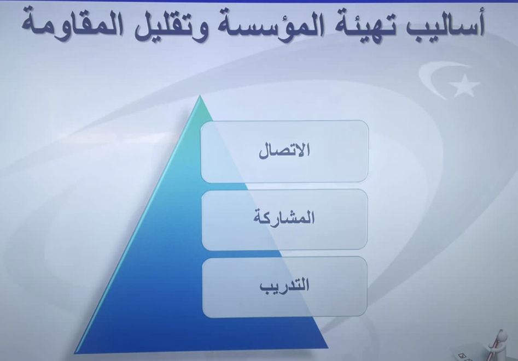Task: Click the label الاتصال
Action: click(x=284, y=151)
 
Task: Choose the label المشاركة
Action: click(x=284, y=218)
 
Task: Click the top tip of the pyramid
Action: click(x=200, y=96)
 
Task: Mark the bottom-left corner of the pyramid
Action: click(x=74, y=353)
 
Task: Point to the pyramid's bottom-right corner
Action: click(x=328, y=347)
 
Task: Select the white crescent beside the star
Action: click(x=429, y=79)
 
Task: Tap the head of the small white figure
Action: click(x=502, y=336)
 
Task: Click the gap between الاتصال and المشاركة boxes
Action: click(x=284, y=186)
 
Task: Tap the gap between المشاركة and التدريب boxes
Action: click(x=284, y=253)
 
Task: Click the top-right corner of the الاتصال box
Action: click(x=368, y=121)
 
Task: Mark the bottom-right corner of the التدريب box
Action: click(x=366, y=316)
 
